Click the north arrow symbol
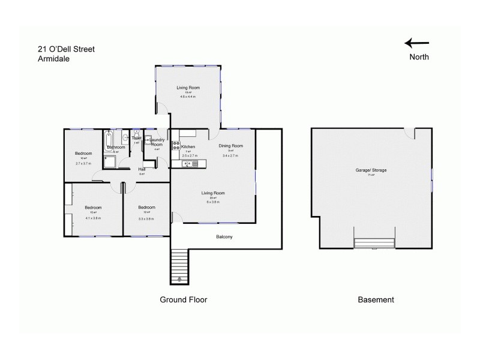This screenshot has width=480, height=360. pyautogui.click(x=416, y=43)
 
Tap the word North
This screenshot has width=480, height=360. pyautogui.click(x=419, y=58)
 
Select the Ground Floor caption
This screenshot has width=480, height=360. pyautogui.click(x=183, y=299)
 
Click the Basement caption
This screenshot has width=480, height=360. pyautogui.click(x=376, y=299)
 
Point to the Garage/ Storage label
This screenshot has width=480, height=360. pyautogui.click(x=371, y=170)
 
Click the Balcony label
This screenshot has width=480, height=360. pyautogui.click(x=224, y=237)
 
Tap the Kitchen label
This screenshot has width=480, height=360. pyautogui.click(x=188, y=147)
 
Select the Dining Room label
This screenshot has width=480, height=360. pyautogui.click(x=230, y=146)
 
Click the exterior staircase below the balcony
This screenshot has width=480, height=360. pyautogui.click(x=180, y=266)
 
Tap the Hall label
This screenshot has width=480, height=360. pyautogui.click(x=142, y=169)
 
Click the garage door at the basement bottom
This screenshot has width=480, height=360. pyautogui.click(x=374, y=243)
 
